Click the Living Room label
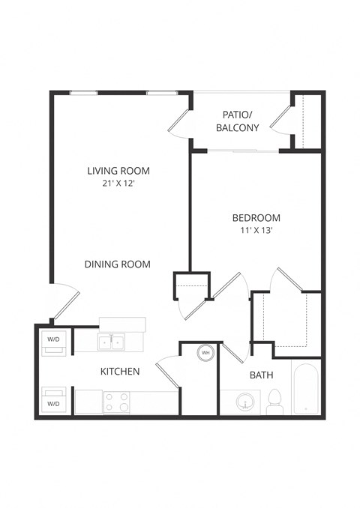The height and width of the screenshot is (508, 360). [118, 171]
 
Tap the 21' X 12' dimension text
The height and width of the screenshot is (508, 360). [118, 184]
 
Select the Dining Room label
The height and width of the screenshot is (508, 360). [118, 264]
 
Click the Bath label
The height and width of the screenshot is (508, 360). [261, 375]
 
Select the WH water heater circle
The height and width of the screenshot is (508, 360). [205, 352]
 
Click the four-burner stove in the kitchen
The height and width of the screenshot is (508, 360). [116, 402]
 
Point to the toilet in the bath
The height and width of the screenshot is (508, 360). [274, 401]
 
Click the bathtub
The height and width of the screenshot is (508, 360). [306, 387]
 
